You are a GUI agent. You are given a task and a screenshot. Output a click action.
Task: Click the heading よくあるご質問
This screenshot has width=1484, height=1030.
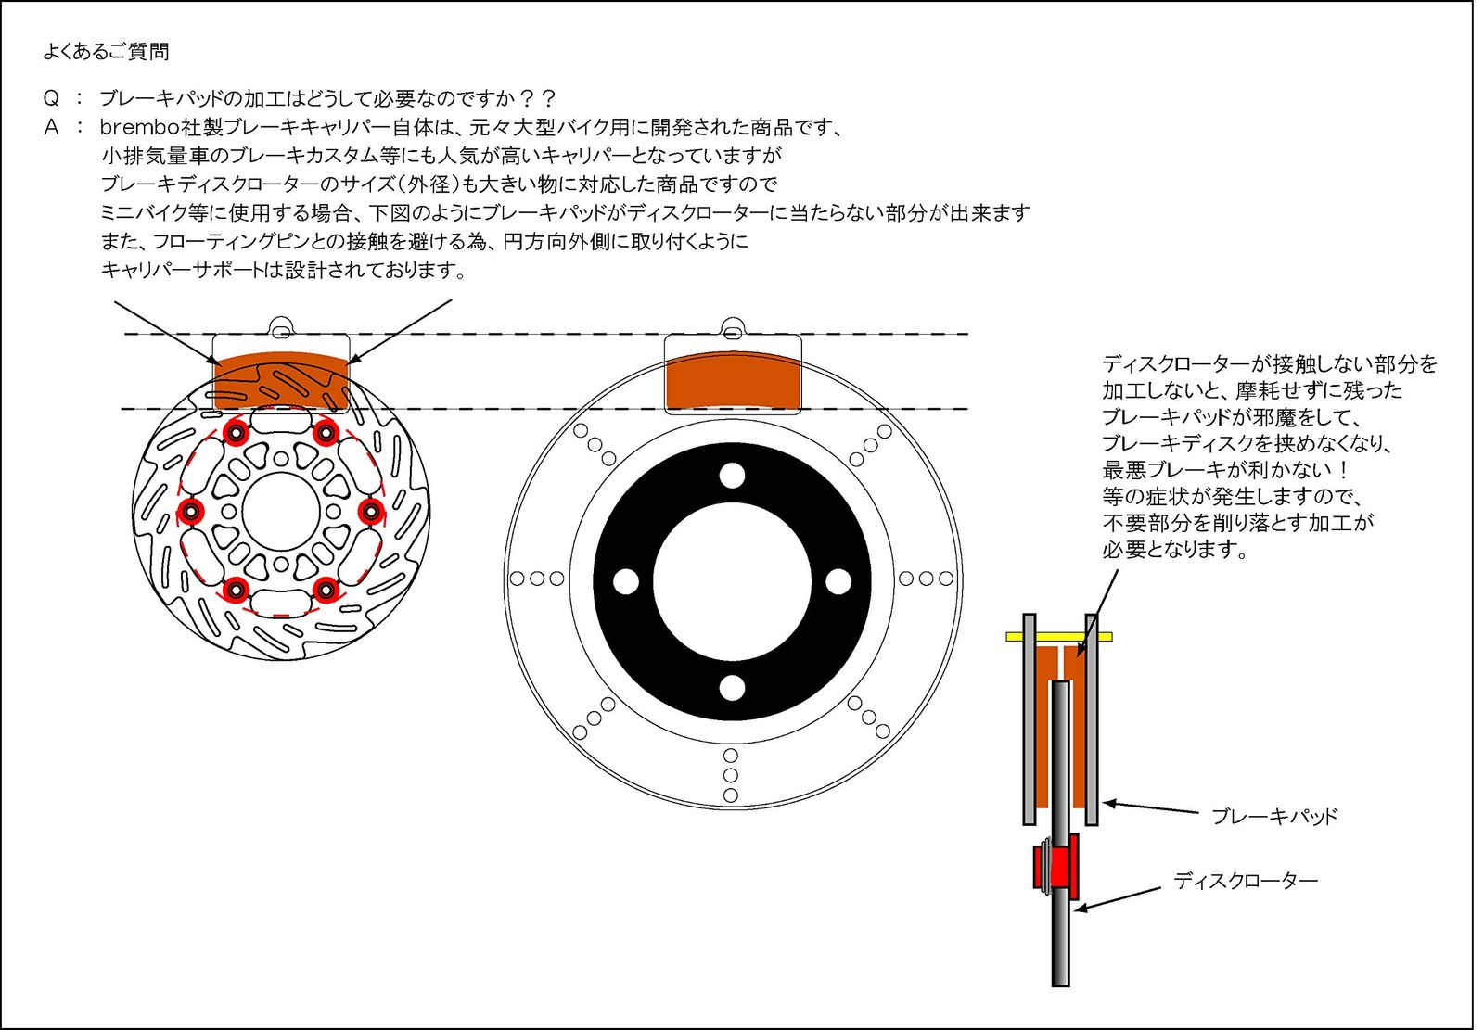coord(106,52)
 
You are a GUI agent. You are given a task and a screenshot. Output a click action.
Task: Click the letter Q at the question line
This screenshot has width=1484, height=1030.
coord(52,98)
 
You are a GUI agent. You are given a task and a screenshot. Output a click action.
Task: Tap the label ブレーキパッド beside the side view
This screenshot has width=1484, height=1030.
coord(1273,817)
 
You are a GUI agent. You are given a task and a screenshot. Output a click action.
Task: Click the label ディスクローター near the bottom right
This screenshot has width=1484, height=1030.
coord(1245,881)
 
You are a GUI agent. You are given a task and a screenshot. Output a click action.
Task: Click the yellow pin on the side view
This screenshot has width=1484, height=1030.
coord(1059,637)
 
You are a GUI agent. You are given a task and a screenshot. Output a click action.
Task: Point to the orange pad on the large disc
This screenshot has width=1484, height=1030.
coord(733,381)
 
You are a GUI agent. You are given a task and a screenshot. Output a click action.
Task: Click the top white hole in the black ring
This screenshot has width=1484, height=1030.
coord(732,476)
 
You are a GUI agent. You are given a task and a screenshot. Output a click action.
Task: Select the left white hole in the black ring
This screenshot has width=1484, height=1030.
coord(626,582)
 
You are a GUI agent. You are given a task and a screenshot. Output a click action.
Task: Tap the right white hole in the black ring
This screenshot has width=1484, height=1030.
coord(838,582)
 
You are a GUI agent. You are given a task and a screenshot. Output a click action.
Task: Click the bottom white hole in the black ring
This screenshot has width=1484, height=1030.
coord(732,688)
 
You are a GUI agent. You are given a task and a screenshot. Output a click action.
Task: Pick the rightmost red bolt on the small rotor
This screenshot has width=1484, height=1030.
coord(371,511)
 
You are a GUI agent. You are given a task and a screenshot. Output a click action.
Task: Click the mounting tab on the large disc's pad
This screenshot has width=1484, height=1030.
coord(732,326)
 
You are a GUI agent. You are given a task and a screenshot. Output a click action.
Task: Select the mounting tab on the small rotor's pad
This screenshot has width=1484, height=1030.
coord(281,325)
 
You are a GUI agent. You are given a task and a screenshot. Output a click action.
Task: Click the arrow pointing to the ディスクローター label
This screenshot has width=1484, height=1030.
coord(1118,899)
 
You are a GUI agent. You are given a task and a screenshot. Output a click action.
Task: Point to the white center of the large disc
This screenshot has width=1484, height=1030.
coord(732,582)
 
